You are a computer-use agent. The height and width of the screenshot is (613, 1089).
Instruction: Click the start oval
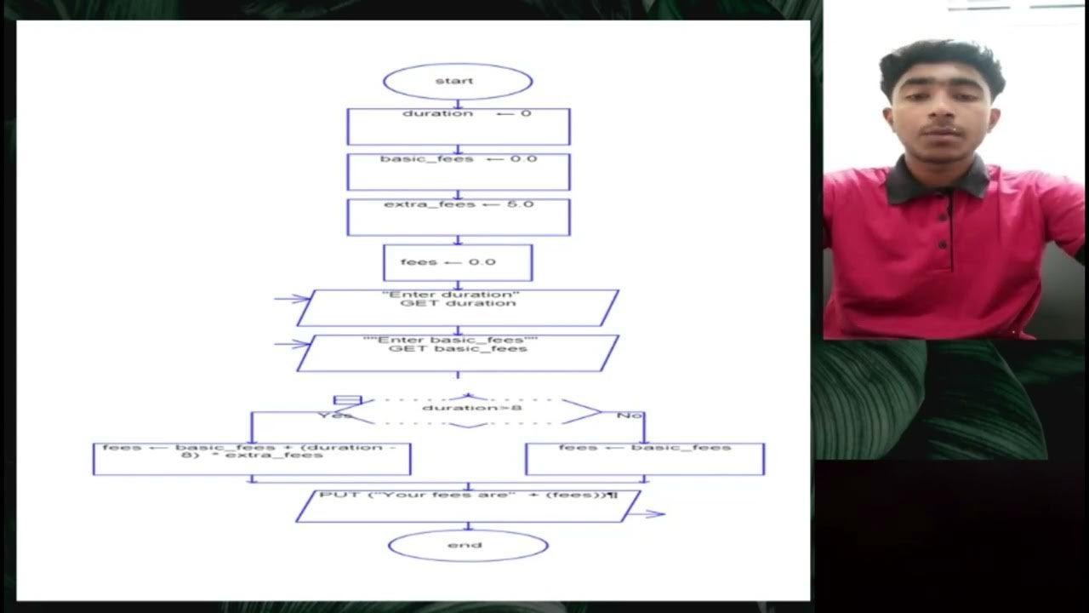click(x=458, y=82)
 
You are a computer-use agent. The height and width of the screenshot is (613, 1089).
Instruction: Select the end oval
click(x=468, y=546)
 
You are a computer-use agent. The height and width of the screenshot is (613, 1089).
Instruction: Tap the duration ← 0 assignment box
click(x=459, y=126)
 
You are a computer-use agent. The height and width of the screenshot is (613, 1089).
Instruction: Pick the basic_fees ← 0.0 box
click(x=459, y=171)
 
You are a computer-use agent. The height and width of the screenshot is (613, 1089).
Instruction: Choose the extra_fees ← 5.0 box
click(x=459, y=216)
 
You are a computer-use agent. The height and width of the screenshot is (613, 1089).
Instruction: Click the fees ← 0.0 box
click(x=458, y=262)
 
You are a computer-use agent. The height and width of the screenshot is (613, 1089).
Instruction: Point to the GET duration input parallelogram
click(x=458, y=307)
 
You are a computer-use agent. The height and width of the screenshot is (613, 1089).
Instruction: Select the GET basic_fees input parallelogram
click(x=458, y=352)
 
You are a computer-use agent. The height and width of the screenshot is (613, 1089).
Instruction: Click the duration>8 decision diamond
click(x=470, y=410)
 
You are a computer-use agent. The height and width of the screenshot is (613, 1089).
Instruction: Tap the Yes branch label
click(x=334, y=415)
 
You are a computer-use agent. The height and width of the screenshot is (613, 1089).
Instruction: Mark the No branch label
click(x=629, y=415)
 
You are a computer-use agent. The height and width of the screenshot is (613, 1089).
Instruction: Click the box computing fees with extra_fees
click(x=252, y=458)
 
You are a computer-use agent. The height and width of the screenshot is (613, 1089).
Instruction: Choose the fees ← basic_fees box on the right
click(x=645, y=458)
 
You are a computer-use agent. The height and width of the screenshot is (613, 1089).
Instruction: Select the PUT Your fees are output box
click(x=467, y=506)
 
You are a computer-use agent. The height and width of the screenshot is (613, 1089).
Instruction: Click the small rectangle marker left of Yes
click(x=347, y=399)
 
